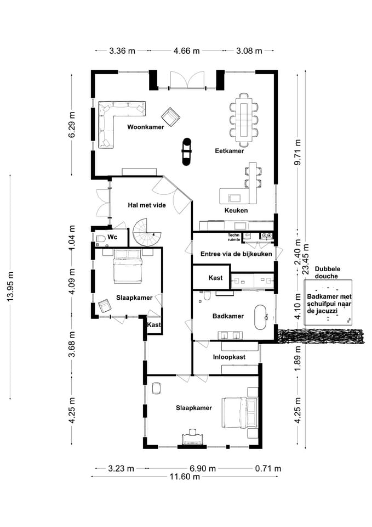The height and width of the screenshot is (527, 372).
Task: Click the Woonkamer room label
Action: (146, 127)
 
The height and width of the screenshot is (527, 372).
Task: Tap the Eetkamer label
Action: (230, 151)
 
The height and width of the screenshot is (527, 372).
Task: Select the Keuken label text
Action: (236, 210)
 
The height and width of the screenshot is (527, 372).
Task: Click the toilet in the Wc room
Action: (100, 239)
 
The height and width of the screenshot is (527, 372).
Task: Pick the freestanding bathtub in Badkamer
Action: (260, 317)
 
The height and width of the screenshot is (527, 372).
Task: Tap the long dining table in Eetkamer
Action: (244, 119)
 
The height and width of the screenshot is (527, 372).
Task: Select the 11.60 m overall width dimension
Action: (185, 476)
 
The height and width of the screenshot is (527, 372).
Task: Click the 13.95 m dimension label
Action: (11, 286)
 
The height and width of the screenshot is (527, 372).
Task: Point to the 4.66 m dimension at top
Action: (186, 51)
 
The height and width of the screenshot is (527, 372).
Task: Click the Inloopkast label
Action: (229, 357)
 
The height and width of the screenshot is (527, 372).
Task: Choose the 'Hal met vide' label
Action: (147, 205)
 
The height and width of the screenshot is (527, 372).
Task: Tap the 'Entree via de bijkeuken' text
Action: (236, 254)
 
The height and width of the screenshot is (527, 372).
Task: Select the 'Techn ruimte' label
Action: (234, 237)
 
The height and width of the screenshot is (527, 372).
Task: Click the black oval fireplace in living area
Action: (186, 152)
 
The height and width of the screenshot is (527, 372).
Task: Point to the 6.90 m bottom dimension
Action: (203, 468)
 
